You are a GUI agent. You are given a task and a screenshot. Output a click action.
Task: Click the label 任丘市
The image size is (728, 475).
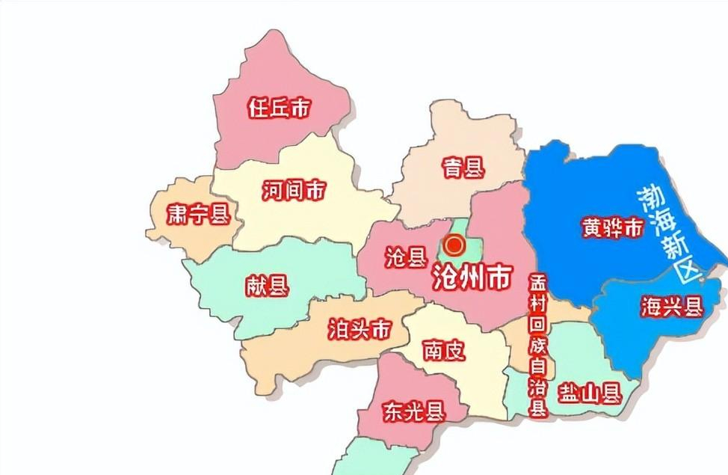279,108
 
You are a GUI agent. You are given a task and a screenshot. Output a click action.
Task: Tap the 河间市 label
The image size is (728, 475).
294,191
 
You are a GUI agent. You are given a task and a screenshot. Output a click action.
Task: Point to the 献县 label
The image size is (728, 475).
266,285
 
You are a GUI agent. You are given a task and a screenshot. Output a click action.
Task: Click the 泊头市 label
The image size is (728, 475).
360,328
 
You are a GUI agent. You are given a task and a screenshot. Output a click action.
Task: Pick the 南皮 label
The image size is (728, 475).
443,349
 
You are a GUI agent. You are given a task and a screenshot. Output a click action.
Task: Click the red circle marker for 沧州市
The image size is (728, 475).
454,245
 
